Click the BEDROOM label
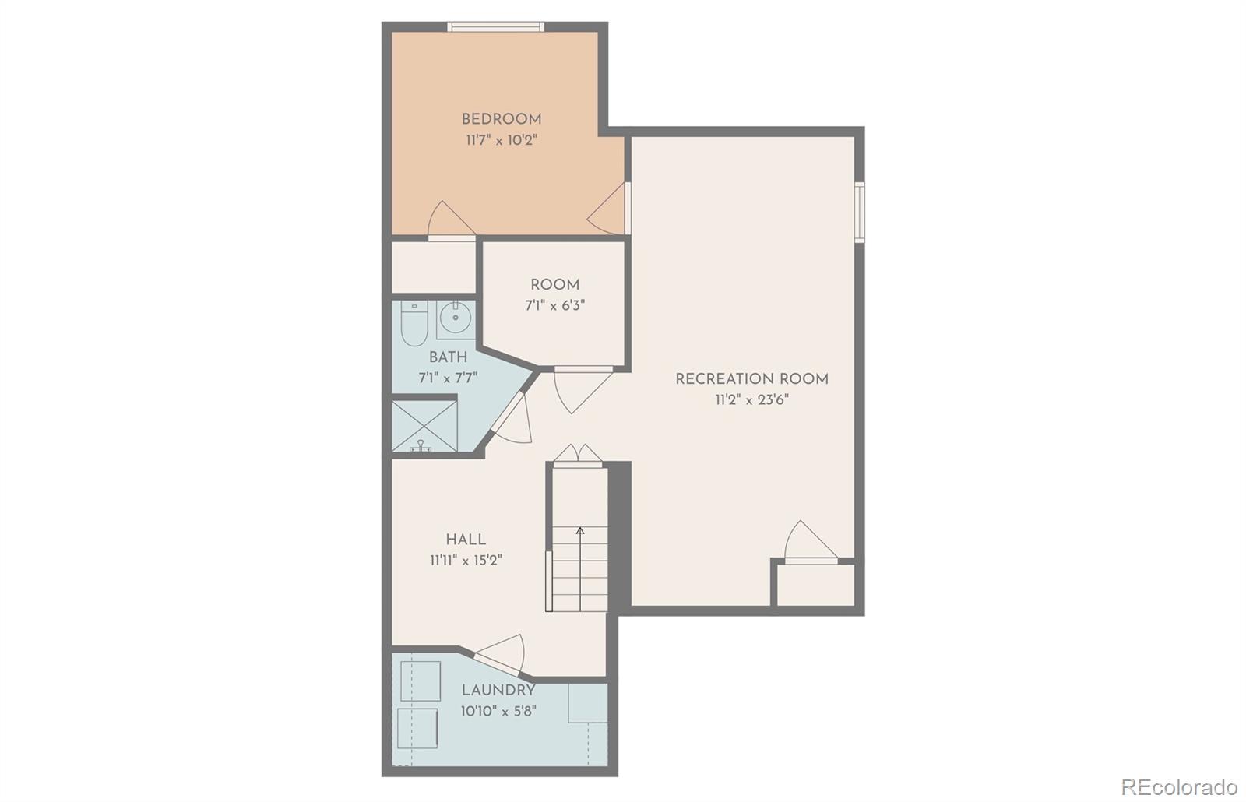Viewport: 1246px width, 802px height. coord(501,119)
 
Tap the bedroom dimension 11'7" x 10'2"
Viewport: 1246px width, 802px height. coord(502,140)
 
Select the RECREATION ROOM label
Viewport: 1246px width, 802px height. coord(751,379)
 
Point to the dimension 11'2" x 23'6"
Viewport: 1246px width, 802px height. coord(751,400)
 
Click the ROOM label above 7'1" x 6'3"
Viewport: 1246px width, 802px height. coord(554,285)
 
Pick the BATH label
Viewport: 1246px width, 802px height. coord(448,357)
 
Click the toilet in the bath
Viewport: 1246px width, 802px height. coord(413,325)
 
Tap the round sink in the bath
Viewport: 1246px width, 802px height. coord(455,318)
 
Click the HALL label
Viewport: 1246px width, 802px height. coord(466,539)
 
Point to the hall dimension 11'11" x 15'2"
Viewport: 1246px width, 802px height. coord(466,560)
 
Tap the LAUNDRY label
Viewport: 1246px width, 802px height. coord(498,690)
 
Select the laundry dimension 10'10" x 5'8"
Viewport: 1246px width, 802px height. coord(498,711)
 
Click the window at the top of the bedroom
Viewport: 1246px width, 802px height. coord(495,27)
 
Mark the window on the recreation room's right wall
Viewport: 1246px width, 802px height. coord(860,211)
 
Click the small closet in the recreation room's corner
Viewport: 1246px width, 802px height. coord(813,584)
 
